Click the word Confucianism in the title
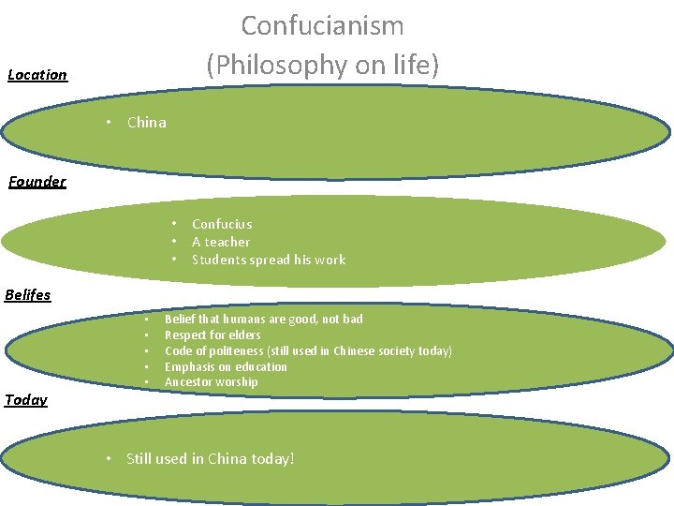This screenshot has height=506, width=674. click(x=322, y=25)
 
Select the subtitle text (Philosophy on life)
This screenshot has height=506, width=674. click(x=322, y=65)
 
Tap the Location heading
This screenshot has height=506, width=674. click(x=37, y=75)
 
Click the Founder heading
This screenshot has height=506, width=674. click(x=37, y=182)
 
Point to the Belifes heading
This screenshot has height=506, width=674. click(x=28, y=295)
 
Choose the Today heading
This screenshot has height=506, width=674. click(x=26, y=400)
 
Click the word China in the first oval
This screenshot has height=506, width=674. click(x=146, y=123)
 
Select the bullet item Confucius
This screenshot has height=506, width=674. click(x=222, y=224)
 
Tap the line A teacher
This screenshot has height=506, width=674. click(x=221, y=242)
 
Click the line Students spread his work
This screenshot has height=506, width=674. click(x=269, y=260)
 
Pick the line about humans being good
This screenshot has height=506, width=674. click(x=263, y=320)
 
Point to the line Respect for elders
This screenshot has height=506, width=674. click(x=212, y=335)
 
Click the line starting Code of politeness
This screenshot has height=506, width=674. click(x=308, y=351)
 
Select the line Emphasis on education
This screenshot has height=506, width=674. click(x=226, y=367)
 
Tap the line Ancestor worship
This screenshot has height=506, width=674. click(x=211, y=382)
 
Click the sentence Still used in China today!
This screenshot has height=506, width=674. click(x=211, y=459)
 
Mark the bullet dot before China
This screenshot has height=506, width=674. click(x=110, y=123)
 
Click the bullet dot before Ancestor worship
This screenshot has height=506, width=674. click(x=146, y=383)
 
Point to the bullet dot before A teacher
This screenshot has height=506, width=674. click(x=174, y=242)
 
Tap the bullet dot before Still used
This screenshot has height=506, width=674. click(x=110, y=459)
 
